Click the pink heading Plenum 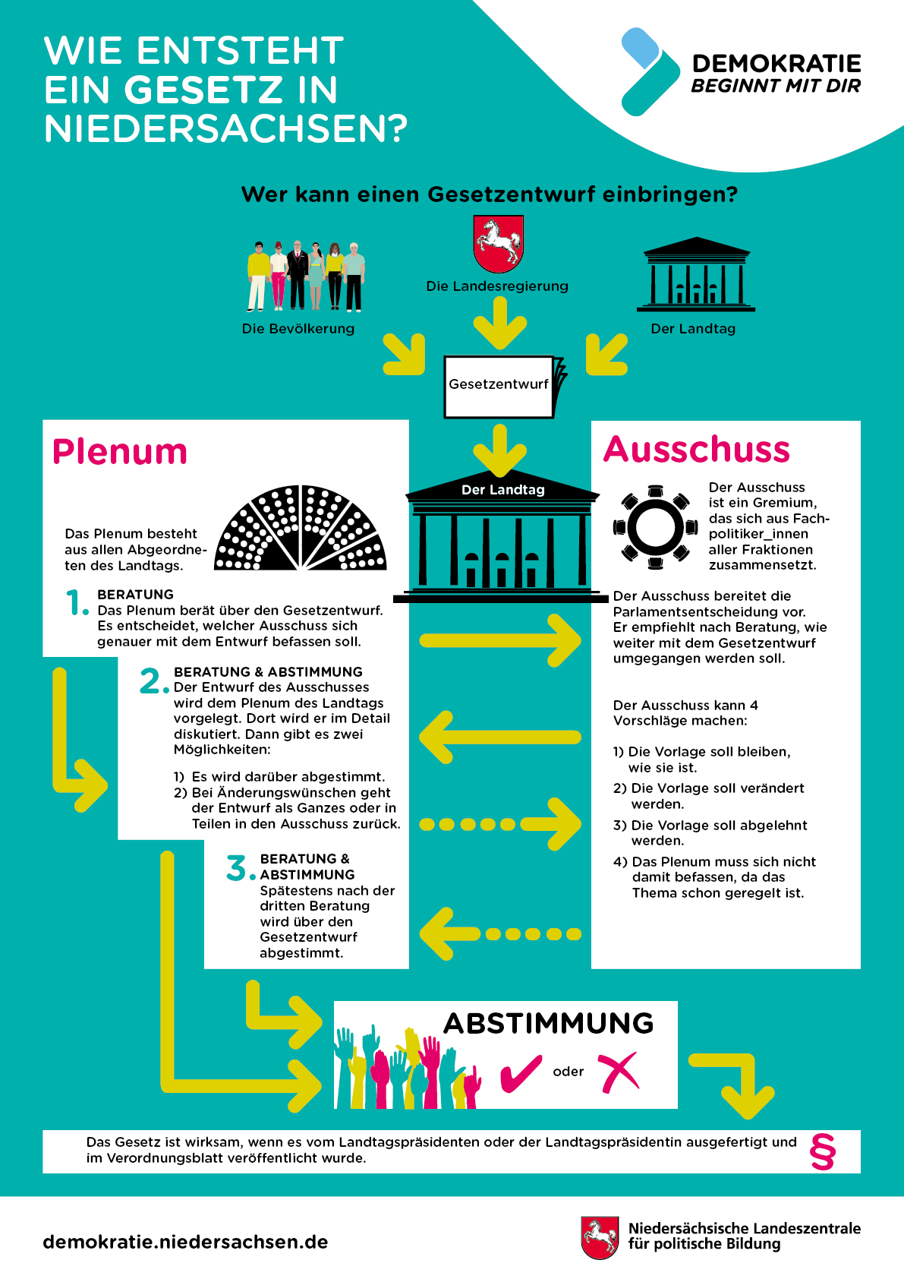120,452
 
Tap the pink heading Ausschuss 697,450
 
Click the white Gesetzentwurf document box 499,386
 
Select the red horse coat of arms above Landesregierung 498,244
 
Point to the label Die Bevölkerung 298,329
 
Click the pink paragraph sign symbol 823,1151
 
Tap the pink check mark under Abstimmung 521,1073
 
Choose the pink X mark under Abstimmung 619,1072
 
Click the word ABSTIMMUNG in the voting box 549,1024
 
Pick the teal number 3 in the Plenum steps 238,867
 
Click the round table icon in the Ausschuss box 655,526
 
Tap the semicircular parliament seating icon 301,529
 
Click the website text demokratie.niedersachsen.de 185,1242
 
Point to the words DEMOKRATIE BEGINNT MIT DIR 776,74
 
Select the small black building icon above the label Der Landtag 695,274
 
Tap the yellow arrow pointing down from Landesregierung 499,322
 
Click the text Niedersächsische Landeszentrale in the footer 744,1228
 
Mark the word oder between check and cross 569,1072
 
